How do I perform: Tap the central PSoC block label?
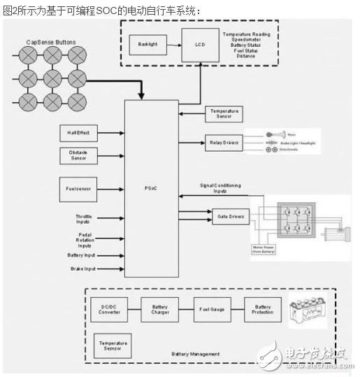(x=151, y=187)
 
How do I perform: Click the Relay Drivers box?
(x=224, y=142)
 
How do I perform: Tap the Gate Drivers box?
(x=228, y=217)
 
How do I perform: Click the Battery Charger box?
(x=160, y=310)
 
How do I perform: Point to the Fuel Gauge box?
(x=212, y=310)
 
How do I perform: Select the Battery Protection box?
(x=263, y=310)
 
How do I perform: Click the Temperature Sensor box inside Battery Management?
(x=112, y=346)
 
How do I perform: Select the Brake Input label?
(x=82, y=269)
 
